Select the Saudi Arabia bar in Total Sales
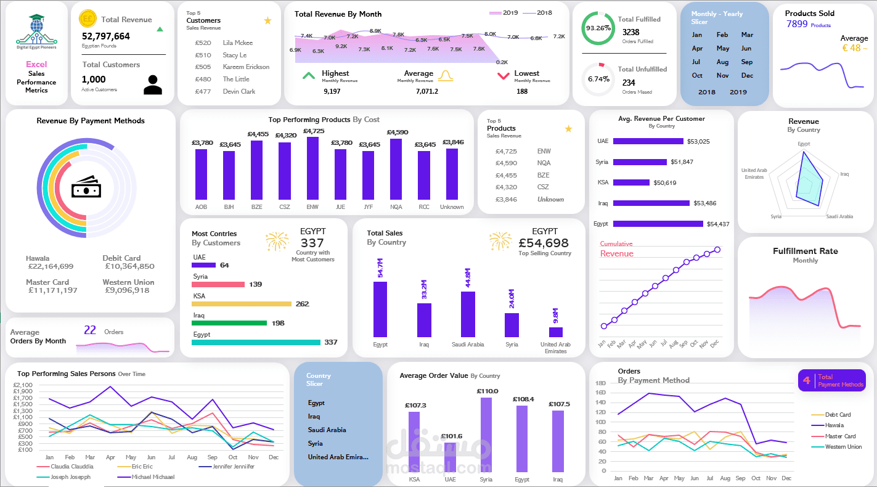coord(468,314)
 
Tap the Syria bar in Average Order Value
coord(486,434)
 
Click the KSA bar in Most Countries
coord(241,304)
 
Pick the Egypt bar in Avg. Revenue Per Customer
coord(658,224)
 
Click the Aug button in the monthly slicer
coord(722,62)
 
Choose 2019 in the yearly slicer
coord(738,92)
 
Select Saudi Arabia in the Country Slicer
coord(327,430)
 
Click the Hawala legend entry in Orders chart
coord(834,425)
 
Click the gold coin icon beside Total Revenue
coord(88,19)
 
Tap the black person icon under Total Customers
coord(152,85)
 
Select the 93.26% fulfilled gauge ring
coord(598,28)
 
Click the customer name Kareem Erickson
coord(246,67)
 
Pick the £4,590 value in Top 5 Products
coord(506,163)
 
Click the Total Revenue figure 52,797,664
coord(106,36)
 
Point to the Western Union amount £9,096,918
coord(126,290)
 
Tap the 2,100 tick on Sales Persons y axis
coord(23,385)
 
